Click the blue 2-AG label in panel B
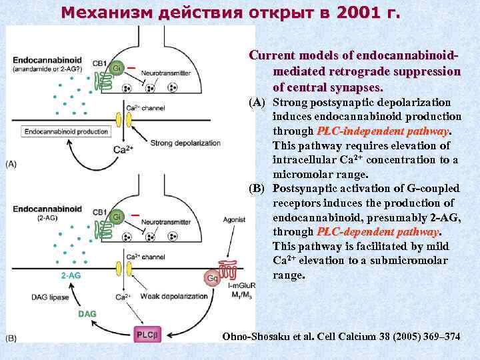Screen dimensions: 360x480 pos(71,274)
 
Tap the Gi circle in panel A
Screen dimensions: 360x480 pos(117,69)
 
